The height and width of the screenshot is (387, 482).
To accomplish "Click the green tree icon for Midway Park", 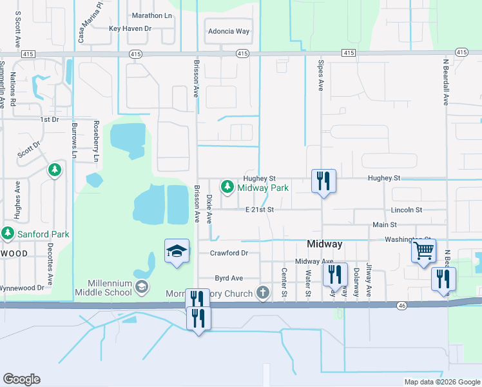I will (227, 187).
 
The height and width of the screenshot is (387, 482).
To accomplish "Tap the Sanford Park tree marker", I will (8, 233).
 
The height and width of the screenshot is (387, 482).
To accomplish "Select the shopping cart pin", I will (423, 250).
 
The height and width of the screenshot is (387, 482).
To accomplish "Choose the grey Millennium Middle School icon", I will (142, 285).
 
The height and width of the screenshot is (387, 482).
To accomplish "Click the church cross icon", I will (262, 293).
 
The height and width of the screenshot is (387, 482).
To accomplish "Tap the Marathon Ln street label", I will (151, 15).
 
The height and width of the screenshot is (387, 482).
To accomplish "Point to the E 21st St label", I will (260, 210).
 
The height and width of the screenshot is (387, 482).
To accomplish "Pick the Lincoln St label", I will (407, 210).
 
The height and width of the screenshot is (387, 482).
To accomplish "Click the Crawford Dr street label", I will (229, 253).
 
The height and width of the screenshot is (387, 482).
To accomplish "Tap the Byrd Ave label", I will (229, 278).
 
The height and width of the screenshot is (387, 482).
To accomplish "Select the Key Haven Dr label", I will (130, 28).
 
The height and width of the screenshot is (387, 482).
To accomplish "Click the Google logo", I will (21, 379).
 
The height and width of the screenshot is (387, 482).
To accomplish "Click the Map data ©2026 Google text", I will (441, 381).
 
